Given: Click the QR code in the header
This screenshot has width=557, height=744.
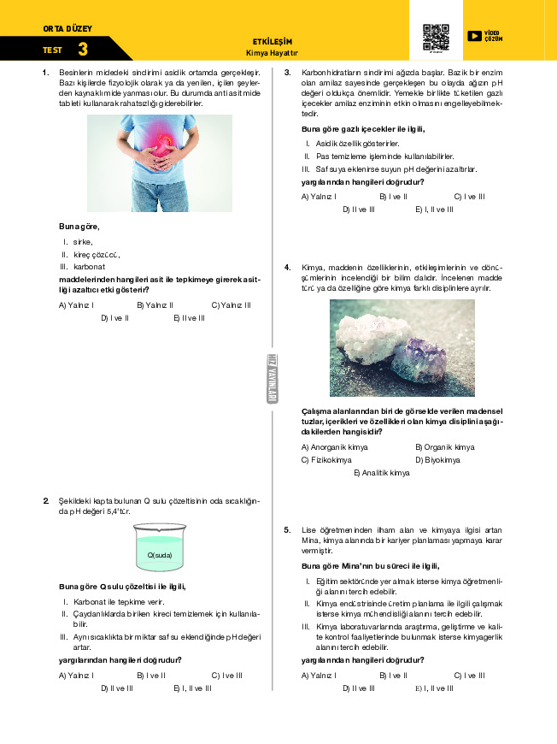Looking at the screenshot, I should (436, 38).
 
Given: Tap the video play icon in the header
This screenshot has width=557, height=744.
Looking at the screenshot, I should (474, 36).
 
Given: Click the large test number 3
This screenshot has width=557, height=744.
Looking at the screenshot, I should (82, 50).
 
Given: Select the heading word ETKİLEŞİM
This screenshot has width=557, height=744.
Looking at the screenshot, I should (273, 41).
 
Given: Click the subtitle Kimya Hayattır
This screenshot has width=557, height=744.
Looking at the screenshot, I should (273, 51).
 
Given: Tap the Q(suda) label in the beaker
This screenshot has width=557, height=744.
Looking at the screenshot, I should (159, 555).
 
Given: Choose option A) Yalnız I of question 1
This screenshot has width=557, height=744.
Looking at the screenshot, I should (75, 304).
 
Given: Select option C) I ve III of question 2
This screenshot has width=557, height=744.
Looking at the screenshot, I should (226, 675).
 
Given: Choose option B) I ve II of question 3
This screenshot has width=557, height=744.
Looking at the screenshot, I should (392, 196).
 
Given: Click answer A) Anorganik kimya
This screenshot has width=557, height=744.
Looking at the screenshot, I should (335, 447).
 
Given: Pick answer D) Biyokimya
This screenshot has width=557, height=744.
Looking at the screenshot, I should (437, 460).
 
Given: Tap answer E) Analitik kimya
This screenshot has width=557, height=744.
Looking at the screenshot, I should (381, 473).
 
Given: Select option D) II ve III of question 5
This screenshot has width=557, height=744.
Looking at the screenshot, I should (359, 688).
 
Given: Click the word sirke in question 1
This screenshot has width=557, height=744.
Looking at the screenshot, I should (83, 241).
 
